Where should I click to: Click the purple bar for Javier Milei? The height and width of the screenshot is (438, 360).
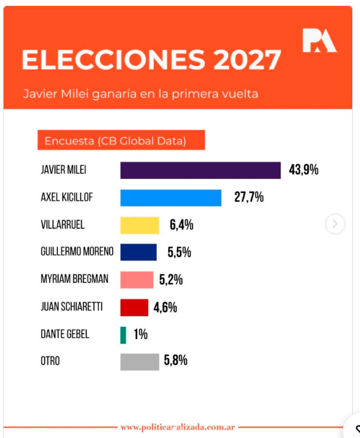(200, 170)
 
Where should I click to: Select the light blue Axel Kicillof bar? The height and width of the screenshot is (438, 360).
(170, 198)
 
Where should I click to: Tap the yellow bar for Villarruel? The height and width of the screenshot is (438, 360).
(139, 225)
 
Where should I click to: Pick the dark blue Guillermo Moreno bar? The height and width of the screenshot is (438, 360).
(138, 252)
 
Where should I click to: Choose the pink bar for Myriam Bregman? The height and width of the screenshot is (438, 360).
(136, 280)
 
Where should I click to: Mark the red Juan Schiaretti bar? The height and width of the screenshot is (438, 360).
(134, 307)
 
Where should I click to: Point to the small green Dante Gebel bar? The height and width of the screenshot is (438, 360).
(123, 335)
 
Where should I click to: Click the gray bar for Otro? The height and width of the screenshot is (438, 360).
(139, 362)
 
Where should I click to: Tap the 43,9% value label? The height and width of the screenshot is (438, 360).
(303, 170)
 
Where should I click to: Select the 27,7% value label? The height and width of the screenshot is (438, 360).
(249, 198)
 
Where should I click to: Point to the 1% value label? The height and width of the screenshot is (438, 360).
(141, 335)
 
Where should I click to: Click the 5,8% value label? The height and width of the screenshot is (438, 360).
(176, 361)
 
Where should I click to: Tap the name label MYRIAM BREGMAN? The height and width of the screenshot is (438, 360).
(74, 280)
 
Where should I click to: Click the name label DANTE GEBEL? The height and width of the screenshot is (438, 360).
(65, 335)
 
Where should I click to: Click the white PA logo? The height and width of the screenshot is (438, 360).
(319, 41)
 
